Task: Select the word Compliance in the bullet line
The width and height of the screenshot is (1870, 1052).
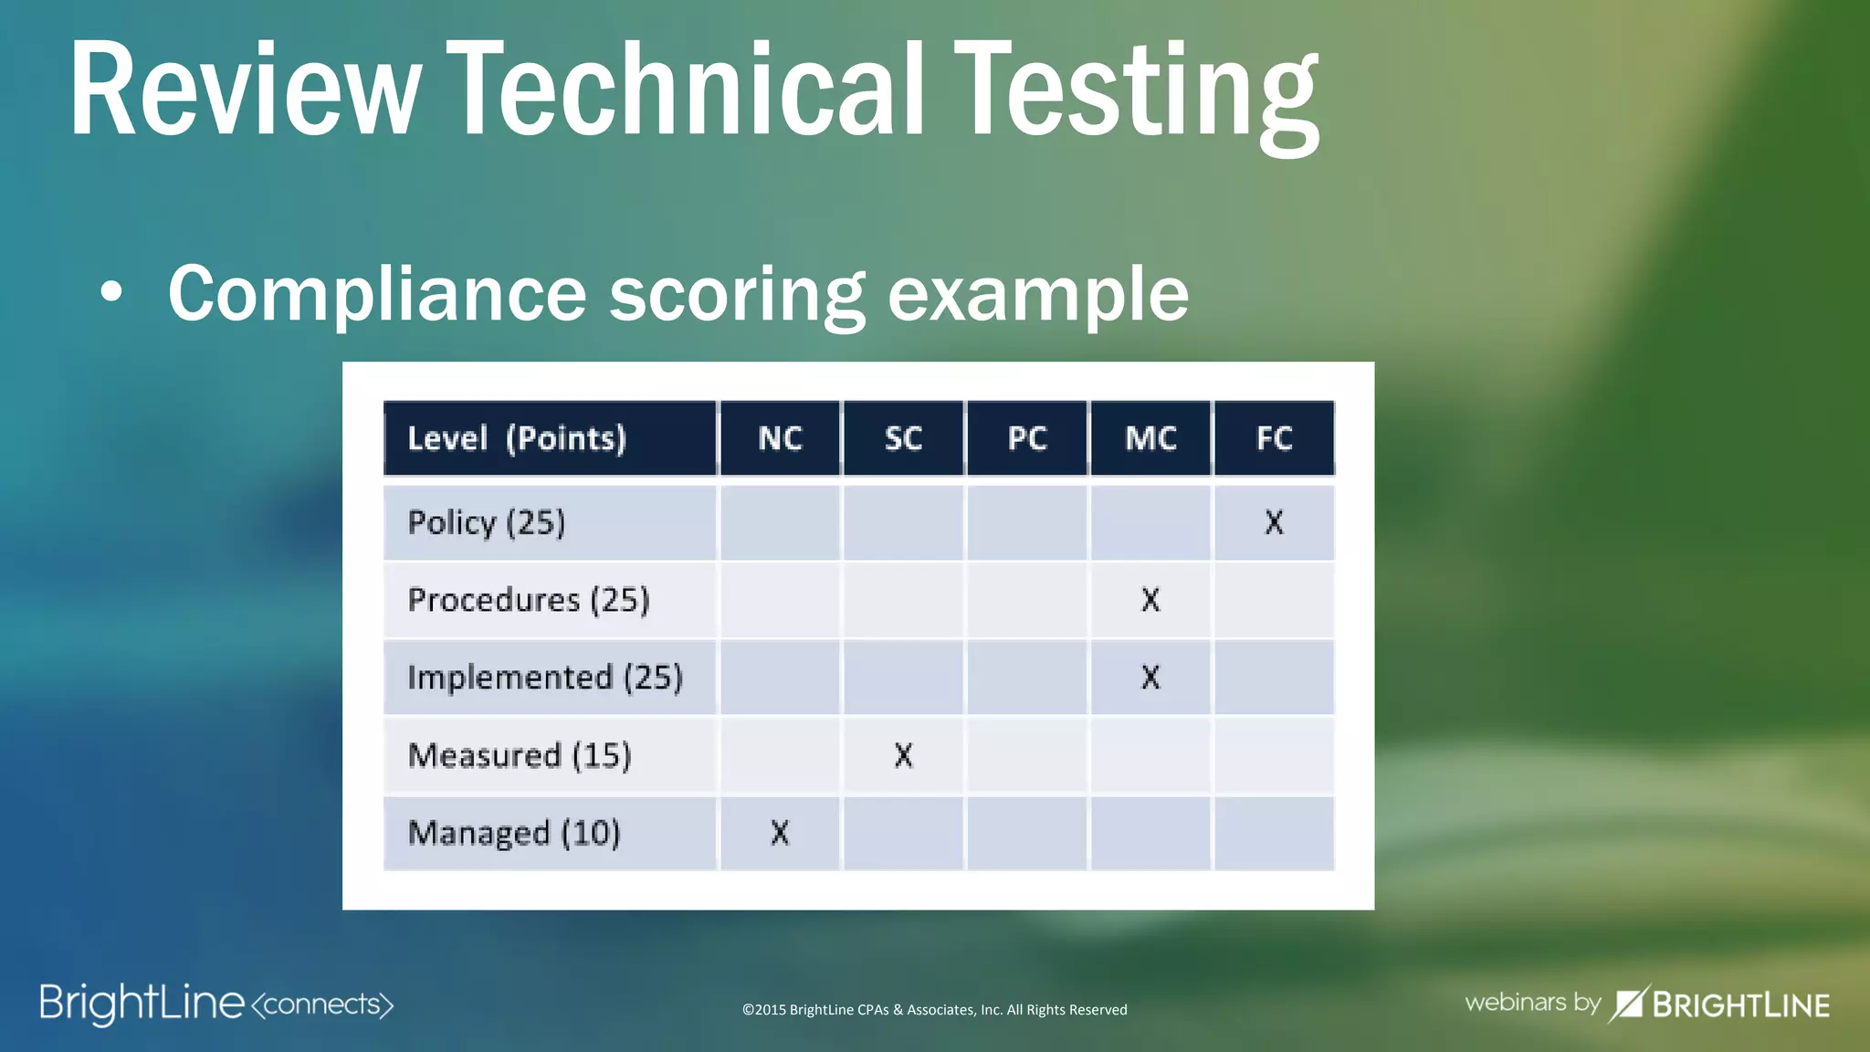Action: click(376, 294)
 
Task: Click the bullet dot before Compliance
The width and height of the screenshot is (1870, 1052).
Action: click(111, 293)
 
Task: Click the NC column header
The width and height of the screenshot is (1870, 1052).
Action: click(780, 438)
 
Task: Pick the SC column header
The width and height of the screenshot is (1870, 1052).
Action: click(903, 438)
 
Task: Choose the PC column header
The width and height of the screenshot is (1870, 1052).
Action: click(1027, 438)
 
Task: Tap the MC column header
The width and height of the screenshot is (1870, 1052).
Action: click(1150, 438)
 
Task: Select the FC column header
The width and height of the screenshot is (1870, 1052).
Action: click(1274, 438)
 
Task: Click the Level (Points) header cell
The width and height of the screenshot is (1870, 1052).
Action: click(517, 438)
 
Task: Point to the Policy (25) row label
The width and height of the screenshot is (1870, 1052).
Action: click(487, 522)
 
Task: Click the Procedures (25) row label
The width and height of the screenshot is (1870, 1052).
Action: click(529, 600)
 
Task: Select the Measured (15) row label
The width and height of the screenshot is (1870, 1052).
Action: click(520, 755)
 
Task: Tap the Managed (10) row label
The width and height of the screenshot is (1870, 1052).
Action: click(514, 833)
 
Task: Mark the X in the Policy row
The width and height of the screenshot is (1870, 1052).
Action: click(1274, 522)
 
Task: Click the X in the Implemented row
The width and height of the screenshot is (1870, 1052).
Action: click(1150, 678)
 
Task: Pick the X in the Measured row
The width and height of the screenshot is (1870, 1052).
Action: click(903, 755)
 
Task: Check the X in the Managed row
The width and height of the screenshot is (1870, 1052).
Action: click(780, 833)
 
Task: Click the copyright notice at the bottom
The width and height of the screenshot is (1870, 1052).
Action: click(934, 1009)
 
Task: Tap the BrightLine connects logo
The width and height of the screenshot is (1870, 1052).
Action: click(216, 1004)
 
